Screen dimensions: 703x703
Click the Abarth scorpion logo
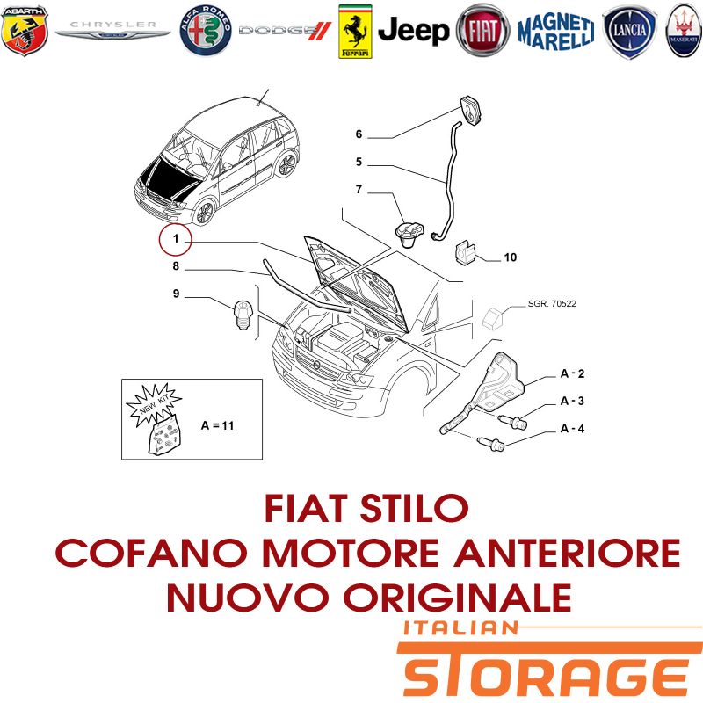point(25,31)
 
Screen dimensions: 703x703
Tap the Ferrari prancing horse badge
point(355,32)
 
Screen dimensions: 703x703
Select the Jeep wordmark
point(413,31)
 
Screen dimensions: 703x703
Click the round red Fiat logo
point(482,31)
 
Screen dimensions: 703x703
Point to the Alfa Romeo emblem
point(206,31)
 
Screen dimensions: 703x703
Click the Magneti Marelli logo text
point(556,32)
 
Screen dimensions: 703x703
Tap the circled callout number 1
point(175,239)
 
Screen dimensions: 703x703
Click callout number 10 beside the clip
point(511,257)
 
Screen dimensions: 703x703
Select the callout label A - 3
point(572,401)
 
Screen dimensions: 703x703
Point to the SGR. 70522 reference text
point(552,303)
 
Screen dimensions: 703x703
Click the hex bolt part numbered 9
point(243,315)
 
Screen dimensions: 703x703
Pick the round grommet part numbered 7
point(408,235)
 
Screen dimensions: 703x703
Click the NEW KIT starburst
point(154,404)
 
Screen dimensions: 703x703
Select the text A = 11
point(217,425)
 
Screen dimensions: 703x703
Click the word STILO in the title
point(414,509)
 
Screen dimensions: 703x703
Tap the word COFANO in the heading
point(152,553)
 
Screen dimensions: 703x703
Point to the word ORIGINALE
point(457,598)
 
